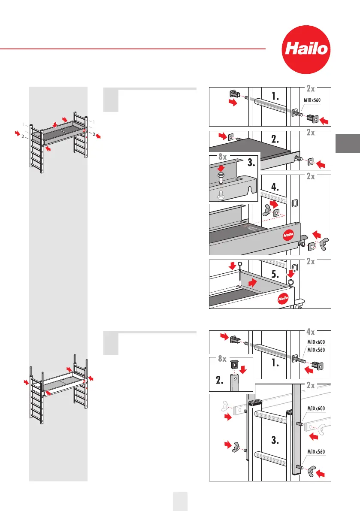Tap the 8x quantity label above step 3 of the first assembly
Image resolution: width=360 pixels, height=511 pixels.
[x=220, y=157]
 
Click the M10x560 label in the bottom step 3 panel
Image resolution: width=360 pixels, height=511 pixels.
[x=318, y=451]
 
